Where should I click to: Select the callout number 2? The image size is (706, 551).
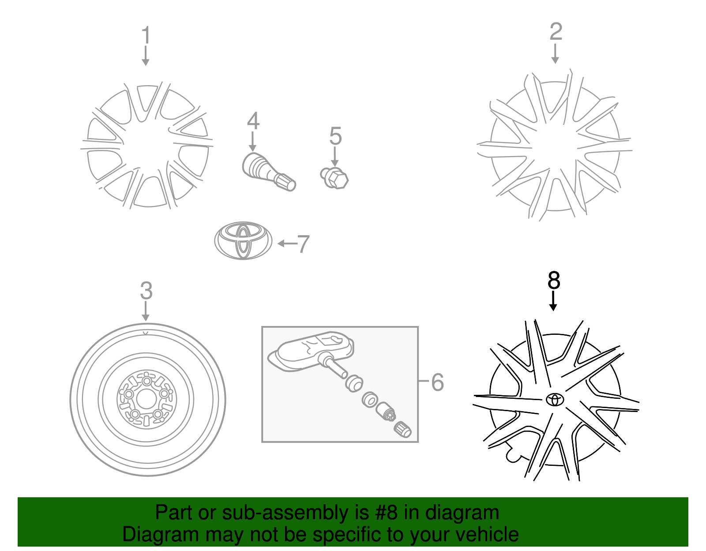556,32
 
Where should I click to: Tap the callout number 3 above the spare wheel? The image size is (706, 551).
146,291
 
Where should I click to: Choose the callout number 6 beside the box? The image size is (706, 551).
437,382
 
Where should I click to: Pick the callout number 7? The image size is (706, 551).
303,244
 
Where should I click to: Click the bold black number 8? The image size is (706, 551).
554,281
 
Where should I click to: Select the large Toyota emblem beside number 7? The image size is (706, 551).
243,240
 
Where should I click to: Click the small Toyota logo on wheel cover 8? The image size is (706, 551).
555,399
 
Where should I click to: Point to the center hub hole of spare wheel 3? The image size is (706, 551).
146,400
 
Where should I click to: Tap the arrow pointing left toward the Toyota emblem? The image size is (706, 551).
287,244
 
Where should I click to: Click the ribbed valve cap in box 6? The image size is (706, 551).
402,430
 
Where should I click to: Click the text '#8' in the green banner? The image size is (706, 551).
386,513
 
